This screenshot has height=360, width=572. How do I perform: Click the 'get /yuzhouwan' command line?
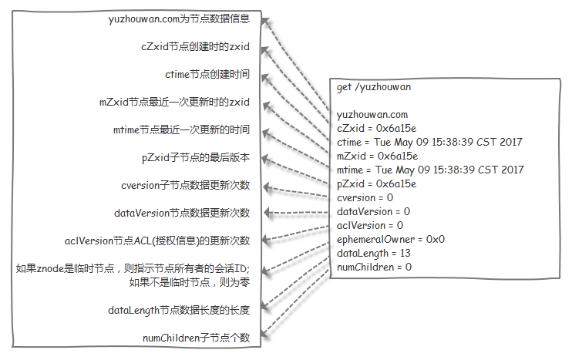pos(374,87)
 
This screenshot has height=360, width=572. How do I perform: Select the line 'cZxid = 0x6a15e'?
pos(377,129)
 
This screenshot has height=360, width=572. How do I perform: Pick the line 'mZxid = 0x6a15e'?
pos(377,156)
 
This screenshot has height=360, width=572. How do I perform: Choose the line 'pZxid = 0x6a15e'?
pos(377,183)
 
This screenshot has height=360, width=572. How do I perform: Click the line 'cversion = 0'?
pos(365,197)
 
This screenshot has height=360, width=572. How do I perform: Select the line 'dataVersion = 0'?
pos(373,211)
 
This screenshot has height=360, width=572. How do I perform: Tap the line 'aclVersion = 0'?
pos(370,225)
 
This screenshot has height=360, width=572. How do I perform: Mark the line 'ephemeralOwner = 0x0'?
pos(391,239)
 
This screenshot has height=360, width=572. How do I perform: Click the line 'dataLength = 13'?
pos(372,253)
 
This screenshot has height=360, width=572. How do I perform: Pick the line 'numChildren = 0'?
pos(374,267)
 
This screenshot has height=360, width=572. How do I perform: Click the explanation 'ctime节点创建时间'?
pos(207,75)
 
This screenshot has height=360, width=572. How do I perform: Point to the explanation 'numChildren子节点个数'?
pos(197,338)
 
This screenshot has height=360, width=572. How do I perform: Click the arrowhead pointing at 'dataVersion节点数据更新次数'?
pos(267,213)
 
